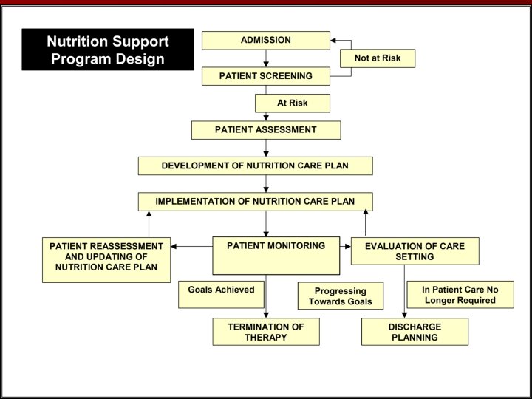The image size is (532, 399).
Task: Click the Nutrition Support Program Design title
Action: coord(108,50)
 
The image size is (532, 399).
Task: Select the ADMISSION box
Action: coord(266,40)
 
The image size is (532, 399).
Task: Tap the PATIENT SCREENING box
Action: coord(266,76)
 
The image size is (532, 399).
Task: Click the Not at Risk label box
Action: coord(378,58)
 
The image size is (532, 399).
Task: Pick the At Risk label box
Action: coord(293,103)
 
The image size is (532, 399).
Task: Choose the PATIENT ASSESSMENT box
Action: coord(266,130)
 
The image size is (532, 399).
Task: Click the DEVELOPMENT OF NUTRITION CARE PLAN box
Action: coord(255,166)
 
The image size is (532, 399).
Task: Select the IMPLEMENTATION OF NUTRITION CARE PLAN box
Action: coord(255,201)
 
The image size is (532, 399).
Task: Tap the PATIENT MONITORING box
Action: coord(276,255)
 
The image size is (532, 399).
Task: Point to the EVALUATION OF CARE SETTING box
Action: coord(415,251)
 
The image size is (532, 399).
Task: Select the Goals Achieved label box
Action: coord(221,294)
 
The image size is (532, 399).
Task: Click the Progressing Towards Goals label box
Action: coord(341,296)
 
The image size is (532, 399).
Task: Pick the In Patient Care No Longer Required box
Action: coord(460,295)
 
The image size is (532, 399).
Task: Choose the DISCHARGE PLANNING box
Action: coord(415,332)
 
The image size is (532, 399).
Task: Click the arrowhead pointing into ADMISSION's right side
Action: coord(334,41)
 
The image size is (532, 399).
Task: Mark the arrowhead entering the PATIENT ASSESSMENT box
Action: coord(266,117)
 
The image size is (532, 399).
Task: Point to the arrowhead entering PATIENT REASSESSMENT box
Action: coord(174,246)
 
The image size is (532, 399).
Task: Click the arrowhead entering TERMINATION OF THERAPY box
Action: coord(266,315)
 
